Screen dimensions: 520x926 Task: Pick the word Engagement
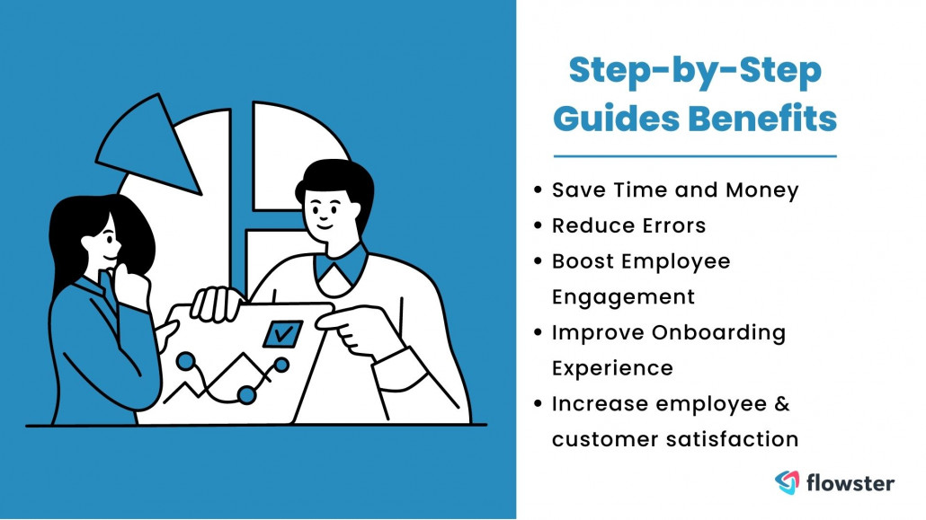coord(623,296)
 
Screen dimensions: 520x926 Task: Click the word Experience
coord(612,368)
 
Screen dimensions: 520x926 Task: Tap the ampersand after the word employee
coord(781,403)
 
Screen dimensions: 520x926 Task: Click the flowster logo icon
coord(788,482)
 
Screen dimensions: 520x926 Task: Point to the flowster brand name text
coord(850,483)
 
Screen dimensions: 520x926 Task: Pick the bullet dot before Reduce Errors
coord(538,226)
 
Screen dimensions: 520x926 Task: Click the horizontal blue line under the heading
coord(694,156)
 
